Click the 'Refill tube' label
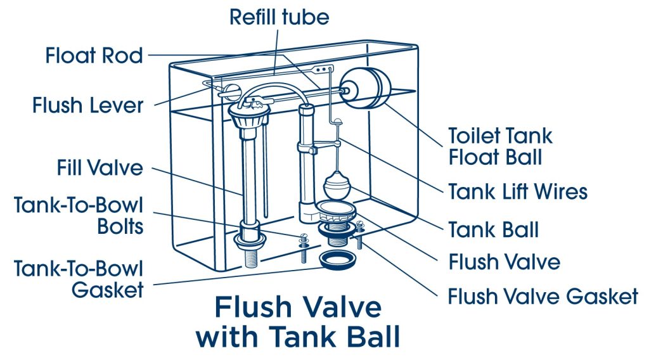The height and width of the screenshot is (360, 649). pyautogui.click(x=279, y=16)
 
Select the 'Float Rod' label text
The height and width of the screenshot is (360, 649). pyautogui.click(x=94, y=56)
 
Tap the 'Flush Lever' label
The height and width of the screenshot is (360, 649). pyautogui.click(x=88, y=105)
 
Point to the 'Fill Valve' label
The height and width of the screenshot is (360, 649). pyautogui.click(x=99, y=169)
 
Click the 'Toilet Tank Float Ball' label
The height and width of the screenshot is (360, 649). pyautogui.click(x=500, y=146)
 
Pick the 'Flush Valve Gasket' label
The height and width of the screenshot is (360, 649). pyautogui.click(x=543, y=296)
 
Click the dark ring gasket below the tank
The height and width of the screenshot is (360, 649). pyautogui.click(x=337, y=260)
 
